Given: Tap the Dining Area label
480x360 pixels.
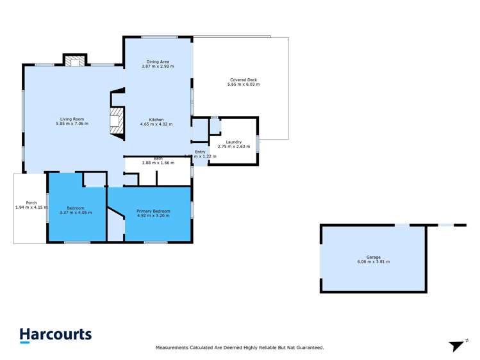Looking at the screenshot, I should click(157, 61).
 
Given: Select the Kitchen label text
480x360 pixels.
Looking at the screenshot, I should click(157, 120).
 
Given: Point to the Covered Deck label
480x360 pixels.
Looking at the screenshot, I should click(244, 80).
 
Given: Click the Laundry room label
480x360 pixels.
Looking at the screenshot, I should click(233, 142).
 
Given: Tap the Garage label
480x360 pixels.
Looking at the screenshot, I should click(373, 258).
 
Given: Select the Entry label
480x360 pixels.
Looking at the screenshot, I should click(201, 152).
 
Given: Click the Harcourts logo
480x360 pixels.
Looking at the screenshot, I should click(55, 335).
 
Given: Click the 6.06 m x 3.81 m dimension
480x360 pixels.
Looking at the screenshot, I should click(373, 262).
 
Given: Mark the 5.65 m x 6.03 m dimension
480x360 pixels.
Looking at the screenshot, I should click(244, 85).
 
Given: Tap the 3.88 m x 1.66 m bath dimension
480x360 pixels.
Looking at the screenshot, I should click(158, 163).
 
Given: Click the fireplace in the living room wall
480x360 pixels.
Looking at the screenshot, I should click(116, 121).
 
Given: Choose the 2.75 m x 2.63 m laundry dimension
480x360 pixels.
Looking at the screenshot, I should click(233, 147).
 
